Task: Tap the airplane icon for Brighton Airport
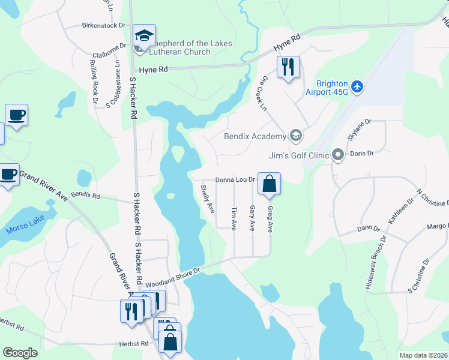[358, 86]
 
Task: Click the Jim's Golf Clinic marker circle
[337, 156]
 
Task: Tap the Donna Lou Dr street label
[236, 179]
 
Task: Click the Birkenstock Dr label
[103, 26]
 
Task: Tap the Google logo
[20, 353]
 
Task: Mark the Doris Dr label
[362, 154]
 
